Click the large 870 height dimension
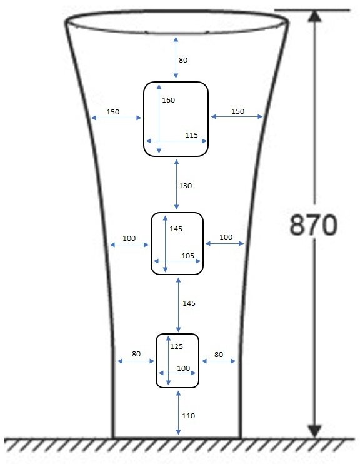(x=313, y=225)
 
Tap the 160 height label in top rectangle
(x=168, y=100)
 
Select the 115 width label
(x=191, y=135)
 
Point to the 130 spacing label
(x=185, y=186)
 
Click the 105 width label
(x=187, y=256)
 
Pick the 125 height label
(x=176, y=346)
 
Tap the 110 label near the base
(x=188, y=416)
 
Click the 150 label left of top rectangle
(x=112, y=112)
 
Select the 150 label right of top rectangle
(x=238, y=111)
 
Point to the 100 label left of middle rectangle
(x=129, y=238)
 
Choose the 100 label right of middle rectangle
(x=226, y=237)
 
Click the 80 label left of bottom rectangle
(x=136, y=354)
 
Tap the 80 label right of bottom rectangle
(x=219, y=355)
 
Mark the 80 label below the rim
(x=183, y=60)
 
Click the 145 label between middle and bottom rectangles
(x=189, y=303)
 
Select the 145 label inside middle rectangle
(x=176, y=229)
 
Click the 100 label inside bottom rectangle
(x=183, y=368)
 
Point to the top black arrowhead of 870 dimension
(x=315, y=16)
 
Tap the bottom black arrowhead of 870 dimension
(x=315, y=431)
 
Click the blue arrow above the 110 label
(x=178, y=413)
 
